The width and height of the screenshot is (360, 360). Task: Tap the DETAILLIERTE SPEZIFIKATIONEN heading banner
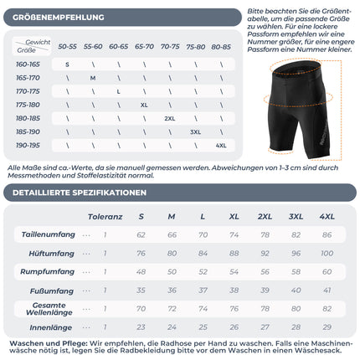[80, 193]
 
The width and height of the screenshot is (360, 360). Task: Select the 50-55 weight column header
[67, 47]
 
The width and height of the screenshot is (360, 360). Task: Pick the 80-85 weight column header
[221, 47]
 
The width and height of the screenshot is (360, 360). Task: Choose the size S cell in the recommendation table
[67, 64]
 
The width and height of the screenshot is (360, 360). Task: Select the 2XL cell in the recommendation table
[170, 118]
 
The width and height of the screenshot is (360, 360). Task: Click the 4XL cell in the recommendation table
[221, 145]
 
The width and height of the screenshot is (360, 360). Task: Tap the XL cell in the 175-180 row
[144, 105]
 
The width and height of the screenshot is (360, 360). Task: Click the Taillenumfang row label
[49, 234]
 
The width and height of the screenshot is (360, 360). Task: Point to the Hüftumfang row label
[54, 252]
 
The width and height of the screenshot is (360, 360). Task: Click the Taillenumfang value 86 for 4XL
[329, 234]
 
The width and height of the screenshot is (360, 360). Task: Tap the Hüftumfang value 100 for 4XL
[329, 252]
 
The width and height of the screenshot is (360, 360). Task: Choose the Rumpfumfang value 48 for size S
[141, 270]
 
